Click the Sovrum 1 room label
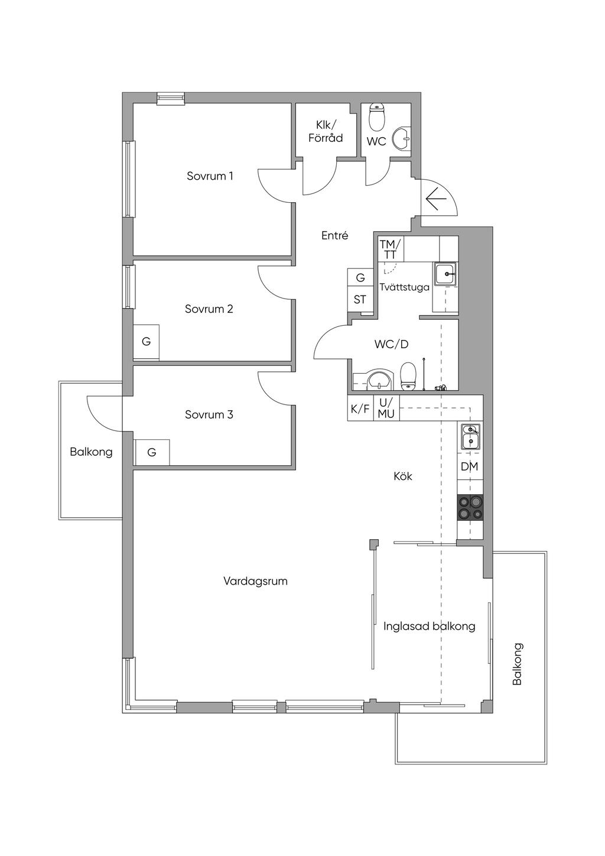210,176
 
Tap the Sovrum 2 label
209,309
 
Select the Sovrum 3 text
209,414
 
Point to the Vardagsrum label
255,582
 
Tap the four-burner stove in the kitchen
470,507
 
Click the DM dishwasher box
470,466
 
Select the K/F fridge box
360,408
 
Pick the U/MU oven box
386,408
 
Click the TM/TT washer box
391,249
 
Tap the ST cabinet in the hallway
360,300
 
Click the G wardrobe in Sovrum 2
146,342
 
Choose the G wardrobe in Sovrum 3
152,452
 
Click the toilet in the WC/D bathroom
408,377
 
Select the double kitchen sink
470,437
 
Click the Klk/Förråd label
326,131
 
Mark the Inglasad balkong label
430,627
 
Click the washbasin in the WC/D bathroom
379,380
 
